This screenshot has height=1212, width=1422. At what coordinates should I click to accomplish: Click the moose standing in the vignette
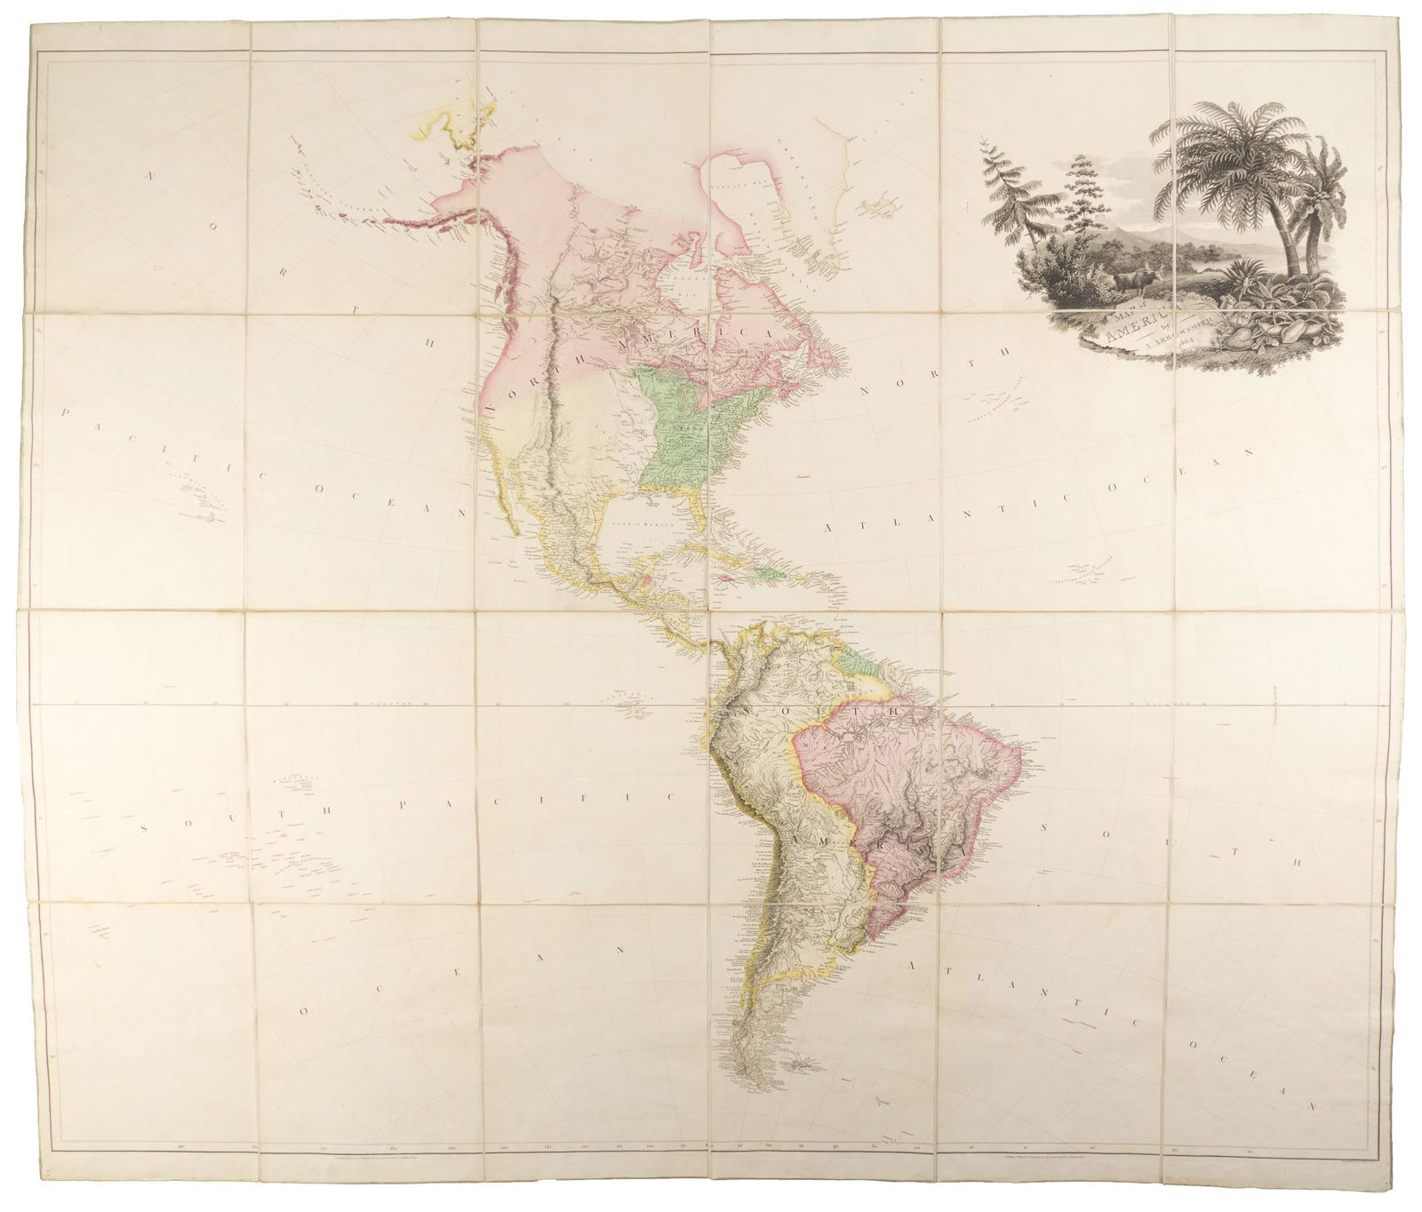click(x=1127, y=280)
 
